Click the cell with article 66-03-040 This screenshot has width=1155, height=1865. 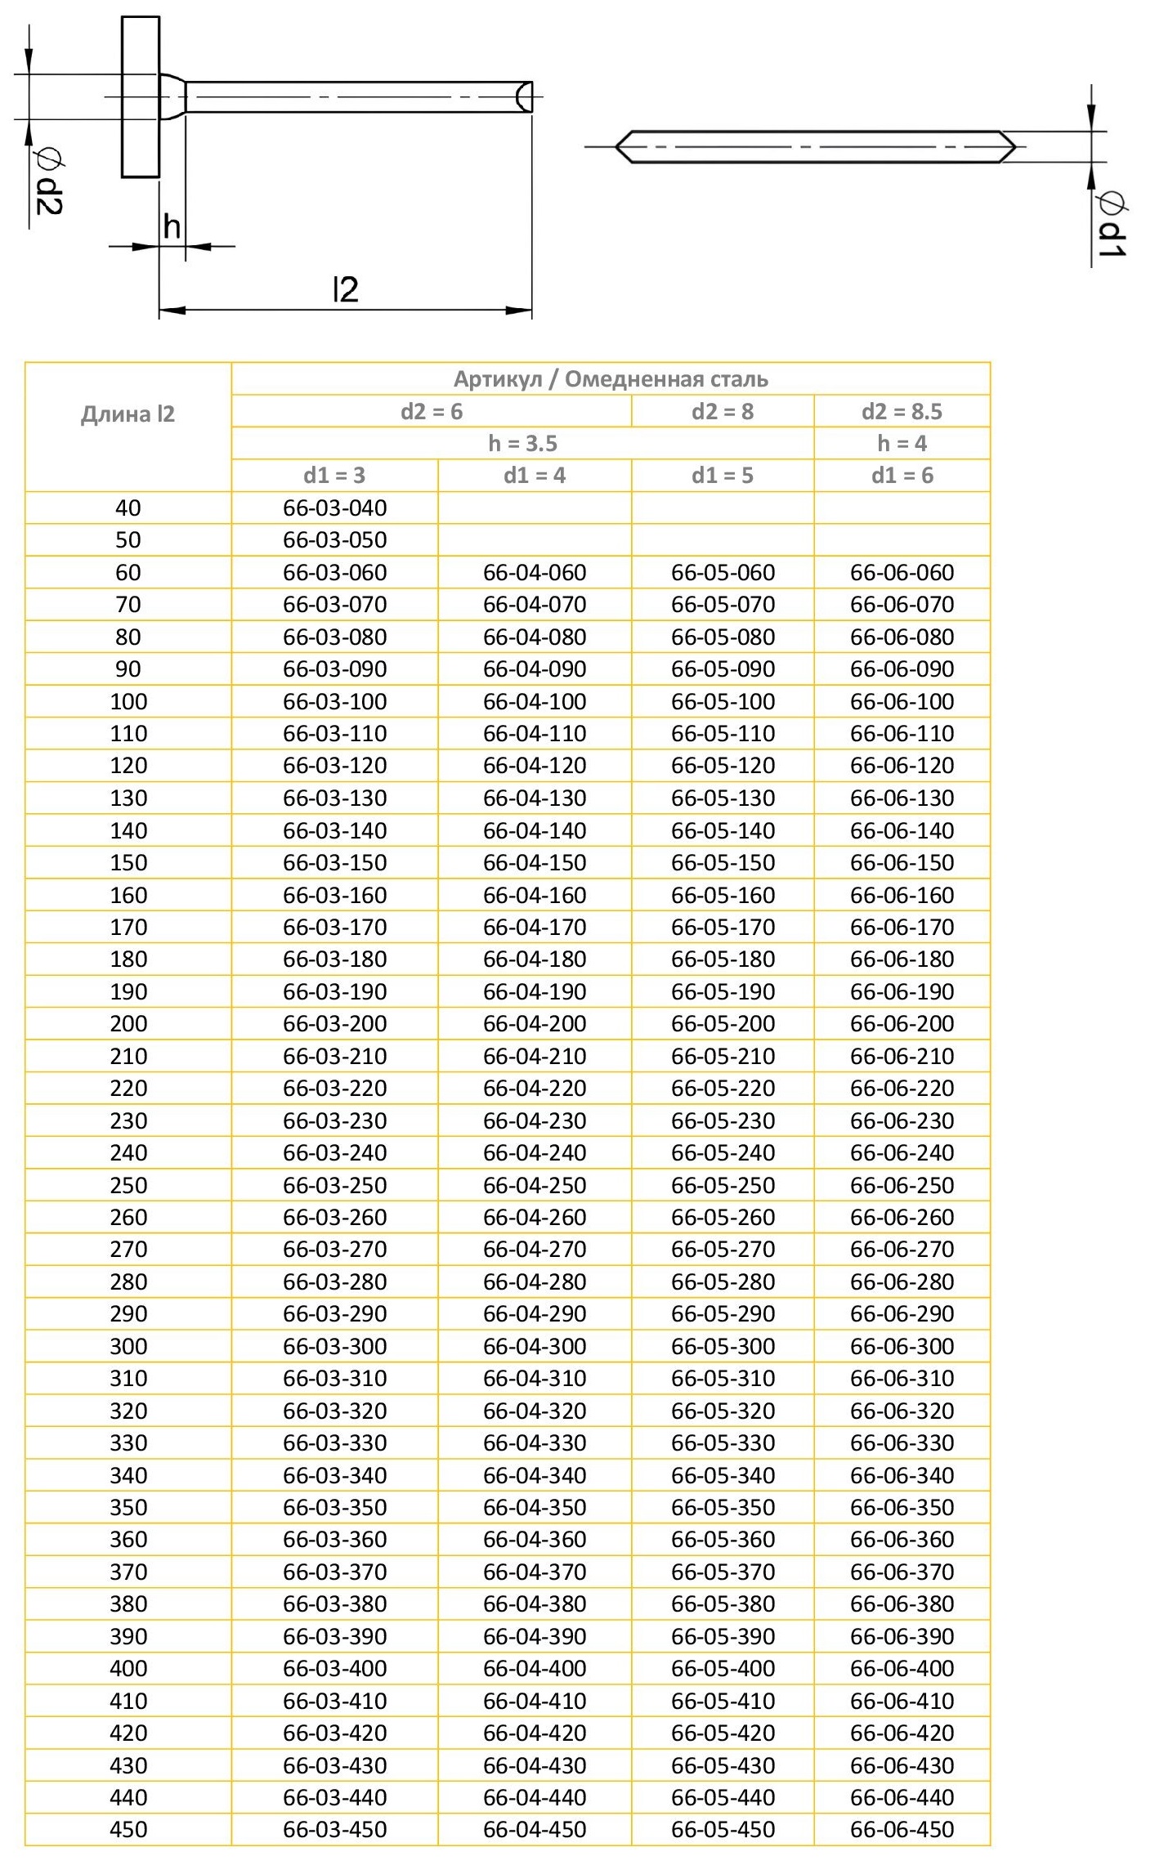click(x=334, y=508)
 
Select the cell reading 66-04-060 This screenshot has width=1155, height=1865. click(x=535, y=572)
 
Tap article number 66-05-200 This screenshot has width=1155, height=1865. click(x=723, y=1024)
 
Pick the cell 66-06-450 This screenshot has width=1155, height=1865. click(x=902, y=1829)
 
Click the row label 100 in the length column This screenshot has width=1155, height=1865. click(x=128, y=701)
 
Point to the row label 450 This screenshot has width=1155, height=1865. click(x=128, y=1829)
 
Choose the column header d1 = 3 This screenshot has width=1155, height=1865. click(x=334, y=475)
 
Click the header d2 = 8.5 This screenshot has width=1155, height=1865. click(x=902, y=411)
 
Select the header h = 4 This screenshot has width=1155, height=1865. click(x=902, y=443)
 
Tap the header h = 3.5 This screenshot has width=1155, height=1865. click(x=522, y=443)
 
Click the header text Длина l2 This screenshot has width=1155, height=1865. click(x=128, y=414)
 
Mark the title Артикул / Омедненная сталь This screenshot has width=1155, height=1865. click(x=611, y=379)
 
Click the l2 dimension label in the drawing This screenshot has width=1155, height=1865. click(x=346, y=290)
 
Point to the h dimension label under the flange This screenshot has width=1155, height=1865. click(x=172, y=226)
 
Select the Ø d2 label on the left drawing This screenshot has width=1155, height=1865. click(x=48, y=184)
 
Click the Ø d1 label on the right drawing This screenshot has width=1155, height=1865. click(x=1112, y=225)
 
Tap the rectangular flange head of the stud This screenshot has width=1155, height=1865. click(x=141, y=96)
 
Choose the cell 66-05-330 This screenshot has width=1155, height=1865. click(x=723, y=1442)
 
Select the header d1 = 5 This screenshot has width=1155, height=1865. click(x=723, y=475)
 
